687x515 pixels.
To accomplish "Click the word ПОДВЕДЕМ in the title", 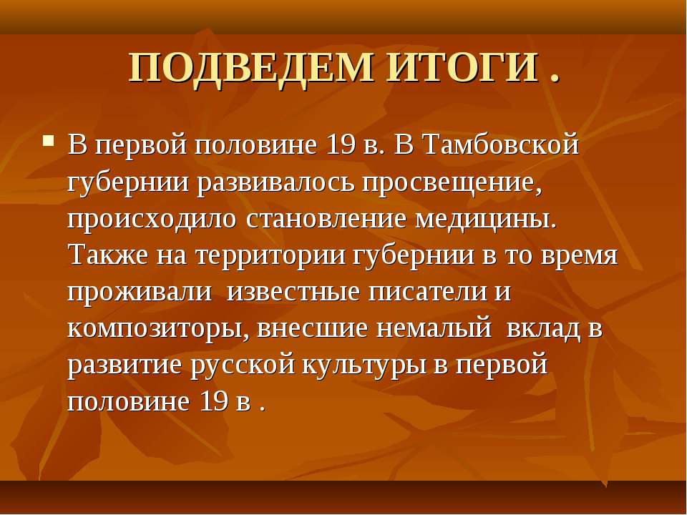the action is [251, 69].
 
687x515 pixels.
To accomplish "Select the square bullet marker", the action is [49, 141].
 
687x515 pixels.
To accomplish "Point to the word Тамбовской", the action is [501, 144].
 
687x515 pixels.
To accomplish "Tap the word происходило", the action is [152, 220].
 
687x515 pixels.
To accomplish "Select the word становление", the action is [326, 219].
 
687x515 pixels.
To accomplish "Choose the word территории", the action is [271, 256].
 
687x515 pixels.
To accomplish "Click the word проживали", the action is [140, 293].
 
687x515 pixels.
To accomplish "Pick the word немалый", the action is [434, 328].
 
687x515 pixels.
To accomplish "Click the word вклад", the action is [543, 329].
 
